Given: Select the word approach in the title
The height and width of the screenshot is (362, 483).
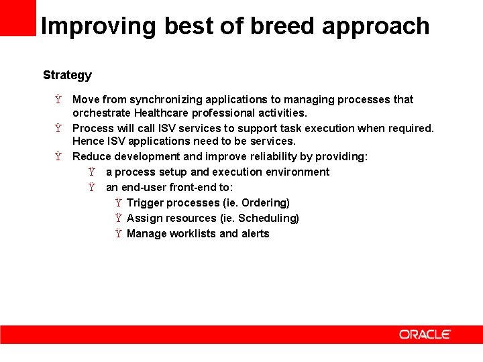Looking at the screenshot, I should (376, 27).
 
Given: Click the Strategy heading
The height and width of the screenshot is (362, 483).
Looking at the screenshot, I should (67, 75).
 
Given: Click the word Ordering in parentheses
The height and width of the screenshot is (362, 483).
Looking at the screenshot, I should (264, 203).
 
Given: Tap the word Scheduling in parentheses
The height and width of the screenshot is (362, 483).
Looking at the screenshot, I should (268, 219).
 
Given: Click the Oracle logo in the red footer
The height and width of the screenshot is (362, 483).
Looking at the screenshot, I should (425, 334).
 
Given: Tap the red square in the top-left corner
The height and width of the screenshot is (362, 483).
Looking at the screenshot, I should (17, 17).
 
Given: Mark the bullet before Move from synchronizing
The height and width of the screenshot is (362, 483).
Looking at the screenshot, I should (58, 100).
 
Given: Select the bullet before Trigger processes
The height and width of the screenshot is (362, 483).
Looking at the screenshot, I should (118, 203).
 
